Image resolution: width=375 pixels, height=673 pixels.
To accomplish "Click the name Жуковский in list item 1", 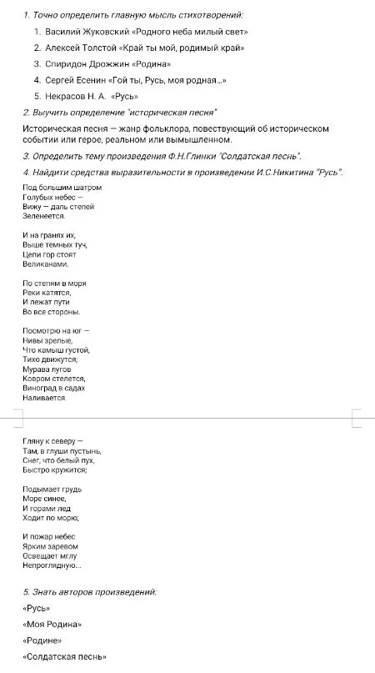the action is pyautogui.click(x=105, y=32).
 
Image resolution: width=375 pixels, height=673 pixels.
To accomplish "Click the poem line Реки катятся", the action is pyautogui.click(x=47, y=293).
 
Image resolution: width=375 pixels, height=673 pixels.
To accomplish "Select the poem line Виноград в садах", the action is pyautogui.click(x=54, y=388).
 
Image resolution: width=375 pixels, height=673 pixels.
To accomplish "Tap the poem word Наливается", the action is pyautogui.click(x=45, y=398).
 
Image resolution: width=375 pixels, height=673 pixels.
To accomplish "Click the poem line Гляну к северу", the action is pyautogui.click(x=52, y=440).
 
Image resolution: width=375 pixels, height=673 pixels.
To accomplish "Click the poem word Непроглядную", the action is pyautogui.click(x=52, y=566).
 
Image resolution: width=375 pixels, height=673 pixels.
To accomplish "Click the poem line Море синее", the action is pyautogui.click(x=45, y=498).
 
